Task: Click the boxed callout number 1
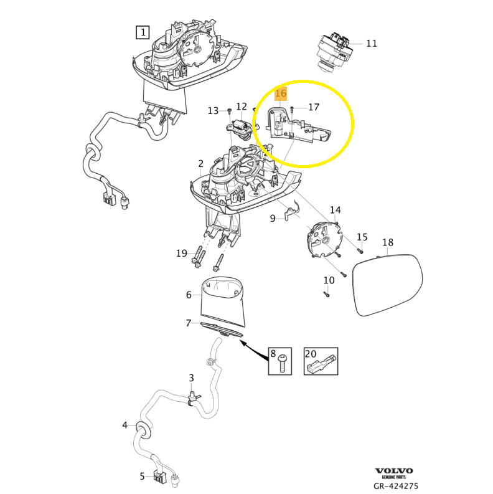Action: coord(143,32)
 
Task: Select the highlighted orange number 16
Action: coord(281,93)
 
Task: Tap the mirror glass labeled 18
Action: coord(387,284)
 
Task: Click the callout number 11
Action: coord(372,44)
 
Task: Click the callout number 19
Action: coord(181,253)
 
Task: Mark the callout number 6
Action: coord(189,295)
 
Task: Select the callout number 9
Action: coord(273,218)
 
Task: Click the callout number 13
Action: coord(214,111)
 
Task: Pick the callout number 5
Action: coord(142,477)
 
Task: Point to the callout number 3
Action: coord(192,378)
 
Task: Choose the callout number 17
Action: coord(314,107)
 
